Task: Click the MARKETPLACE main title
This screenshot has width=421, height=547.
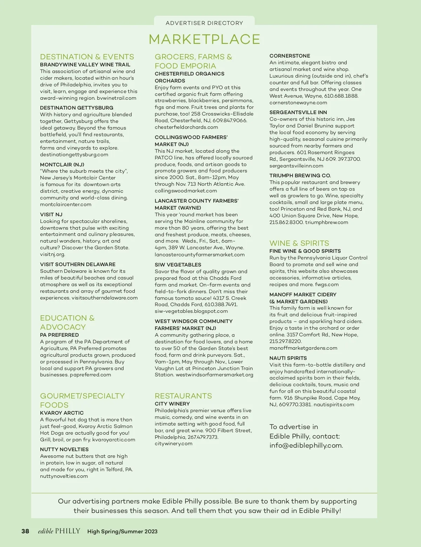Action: (204, 39)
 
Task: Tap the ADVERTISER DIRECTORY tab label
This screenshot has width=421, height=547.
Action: (204, 23)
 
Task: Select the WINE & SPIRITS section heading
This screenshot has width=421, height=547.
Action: (299, 243)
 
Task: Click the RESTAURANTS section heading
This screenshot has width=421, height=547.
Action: (183, 396)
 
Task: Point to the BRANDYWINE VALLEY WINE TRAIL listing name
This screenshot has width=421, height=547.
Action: (85, 65)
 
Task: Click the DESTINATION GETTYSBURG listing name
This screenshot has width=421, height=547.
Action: (76, 108)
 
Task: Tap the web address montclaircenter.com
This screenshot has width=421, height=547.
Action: (66, 204)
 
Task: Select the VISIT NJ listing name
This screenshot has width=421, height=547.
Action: (51, 215)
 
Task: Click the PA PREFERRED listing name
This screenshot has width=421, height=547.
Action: (59, 335)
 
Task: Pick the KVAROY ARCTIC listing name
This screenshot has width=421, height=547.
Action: (62, 413)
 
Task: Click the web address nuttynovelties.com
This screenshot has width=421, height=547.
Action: (64, 476)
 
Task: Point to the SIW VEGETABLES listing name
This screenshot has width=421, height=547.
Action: (178, 265)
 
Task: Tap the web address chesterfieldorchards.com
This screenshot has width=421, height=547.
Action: (186, 127)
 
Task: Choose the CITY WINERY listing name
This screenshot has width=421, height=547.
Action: (172, 404)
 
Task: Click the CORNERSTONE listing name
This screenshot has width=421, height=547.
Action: (290, 56)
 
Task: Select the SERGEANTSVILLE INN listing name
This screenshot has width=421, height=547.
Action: (298, 112)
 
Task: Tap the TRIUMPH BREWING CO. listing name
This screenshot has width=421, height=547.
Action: (300, 176)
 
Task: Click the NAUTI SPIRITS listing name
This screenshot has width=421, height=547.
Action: (288, 358)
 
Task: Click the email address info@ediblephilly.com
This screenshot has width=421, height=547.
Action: (306, 446)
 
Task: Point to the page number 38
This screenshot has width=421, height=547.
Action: (25, 531)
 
